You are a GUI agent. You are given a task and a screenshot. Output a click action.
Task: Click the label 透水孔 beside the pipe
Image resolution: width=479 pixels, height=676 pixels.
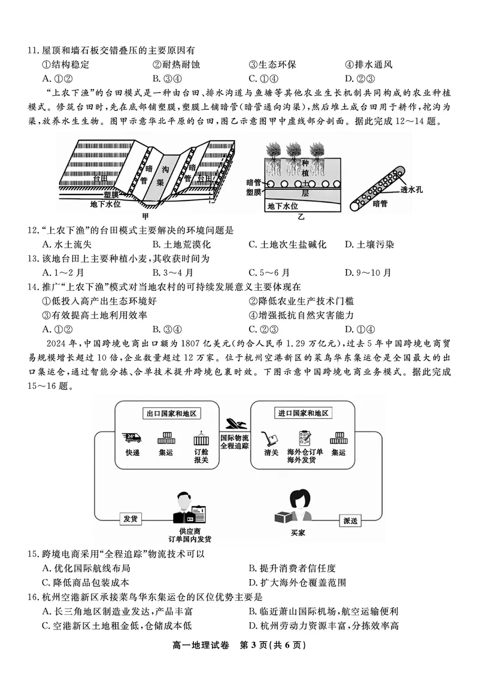(411, 190)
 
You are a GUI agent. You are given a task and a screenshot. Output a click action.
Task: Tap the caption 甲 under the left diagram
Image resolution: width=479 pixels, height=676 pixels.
(144, 216)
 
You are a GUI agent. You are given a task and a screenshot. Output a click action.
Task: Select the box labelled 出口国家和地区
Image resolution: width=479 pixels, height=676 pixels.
(172, 414)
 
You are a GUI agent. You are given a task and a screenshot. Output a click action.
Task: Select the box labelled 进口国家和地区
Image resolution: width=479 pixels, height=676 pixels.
(305, 414)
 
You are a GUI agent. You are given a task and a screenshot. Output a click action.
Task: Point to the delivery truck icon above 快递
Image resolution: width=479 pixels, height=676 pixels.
(132, 438)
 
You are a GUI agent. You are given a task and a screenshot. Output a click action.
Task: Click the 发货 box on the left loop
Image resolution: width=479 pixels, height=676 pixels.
(131, 519)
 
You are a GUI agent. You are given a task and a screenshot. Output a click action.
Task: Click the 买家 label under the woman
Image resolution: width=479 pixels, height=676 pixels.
(298, 532)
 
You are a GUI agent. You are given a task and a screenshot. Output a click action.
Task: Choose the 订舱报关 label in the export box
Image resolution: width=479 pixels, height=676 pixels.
(201, 456)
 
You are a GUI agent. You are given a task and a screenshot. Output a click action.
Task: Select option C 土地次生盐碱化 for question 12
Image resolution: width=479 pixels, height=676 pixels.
(287, 244)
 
